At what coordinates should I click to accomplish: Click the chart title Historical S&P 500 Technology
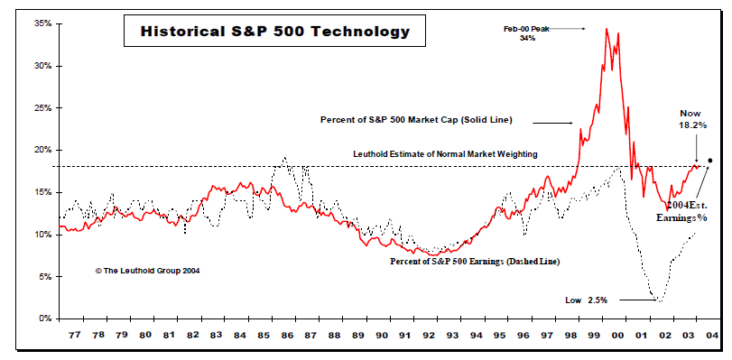tap(275, 32)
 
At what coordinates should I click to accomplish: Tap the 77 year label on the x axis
tap(74, 335)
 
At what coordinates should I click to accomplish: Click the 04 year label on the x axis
tap(711, 335)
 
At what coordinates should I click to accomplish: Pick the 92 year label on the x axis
tap(428, 335)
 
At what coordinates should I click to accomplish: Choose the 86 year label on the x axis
tap(286, 335)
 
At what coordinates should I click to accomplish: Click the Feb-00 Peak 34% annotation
tap(527, 33)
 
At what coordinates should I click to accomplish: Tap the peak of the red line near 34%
tap(607, 29)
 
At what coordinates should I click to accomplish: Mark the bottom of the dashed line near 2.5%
tap(661, 300)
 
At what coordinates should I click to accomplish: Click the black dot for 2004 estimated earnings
tap(710, 161)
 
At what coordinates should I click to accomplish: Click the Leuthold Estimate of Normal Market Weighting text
tap(445, 154)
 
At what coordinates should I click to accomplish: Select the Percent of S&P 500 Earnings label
tap(475, 262)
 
